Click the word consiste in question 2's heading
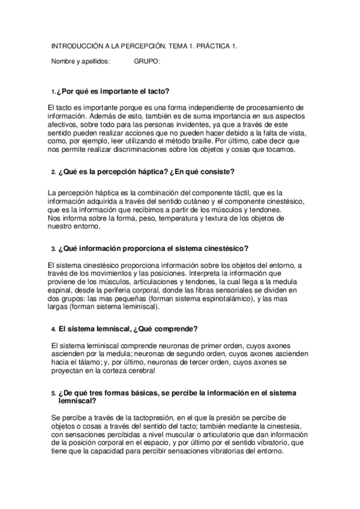[x=212, y=171]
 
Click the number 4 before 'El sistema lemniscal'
[x=53, y=330]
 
